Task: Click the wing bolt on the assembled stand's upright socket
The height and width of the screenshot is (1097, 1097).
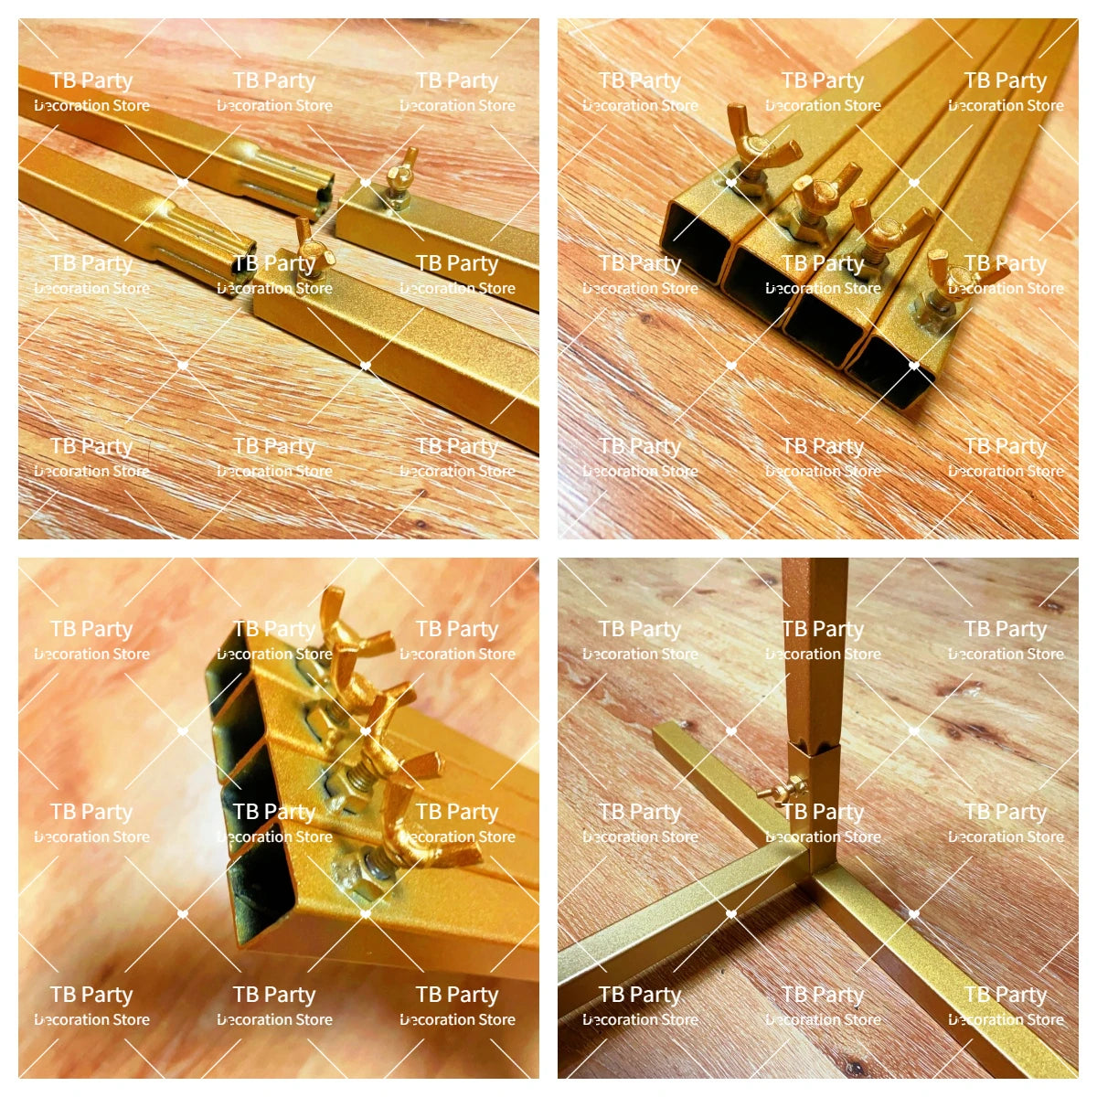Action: pyautogui.click(x=783, y=789)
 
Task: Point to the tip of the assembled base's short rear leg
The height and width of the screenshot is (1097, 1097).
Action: pyautogui.click(x=664, y=730)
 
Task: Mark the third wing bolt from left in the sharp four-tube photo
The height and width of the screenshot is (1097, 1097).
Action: pyautogui.click(x=883, y=233)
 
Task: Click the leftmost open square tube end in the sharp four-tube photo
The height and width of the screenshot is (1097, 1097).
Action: pyautogui.click(x=695, y=242)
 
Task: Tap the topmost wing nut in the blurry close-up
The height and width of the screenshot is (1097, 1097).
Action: pyautogui.click(x=354, y=626)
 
